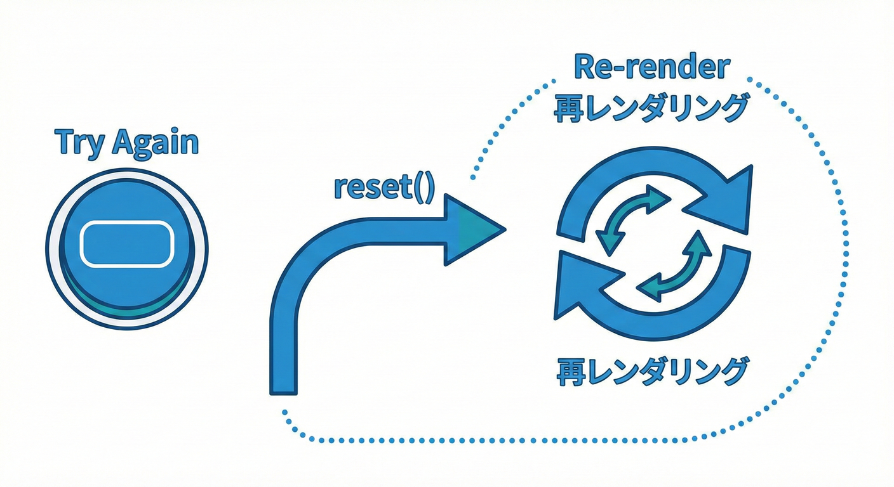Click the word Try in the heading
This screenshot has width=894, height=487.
pyautogui.click(x=79, y=143)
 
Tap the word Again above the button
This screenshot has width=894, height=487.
pyautogui.click(x=156, y=143)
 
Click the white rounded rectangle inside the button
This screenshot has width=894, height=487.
pyautogui.click(x=127, y=243)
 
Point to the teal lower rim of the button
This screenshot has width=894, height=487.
pyautogui.click(x=127, y=309)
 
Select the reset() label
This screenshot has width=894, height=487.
pyautogui.click(x=384, y=188)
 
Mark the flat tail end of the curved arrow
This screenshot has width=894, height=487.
pyautogui.click(x=283, y=387)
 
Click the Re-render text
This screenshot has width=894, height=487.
pyautogui.click(x=651, y=68)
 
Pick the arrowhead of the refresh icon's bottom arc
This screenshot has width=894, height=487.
pyautogui.click(x=581, y=285)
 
